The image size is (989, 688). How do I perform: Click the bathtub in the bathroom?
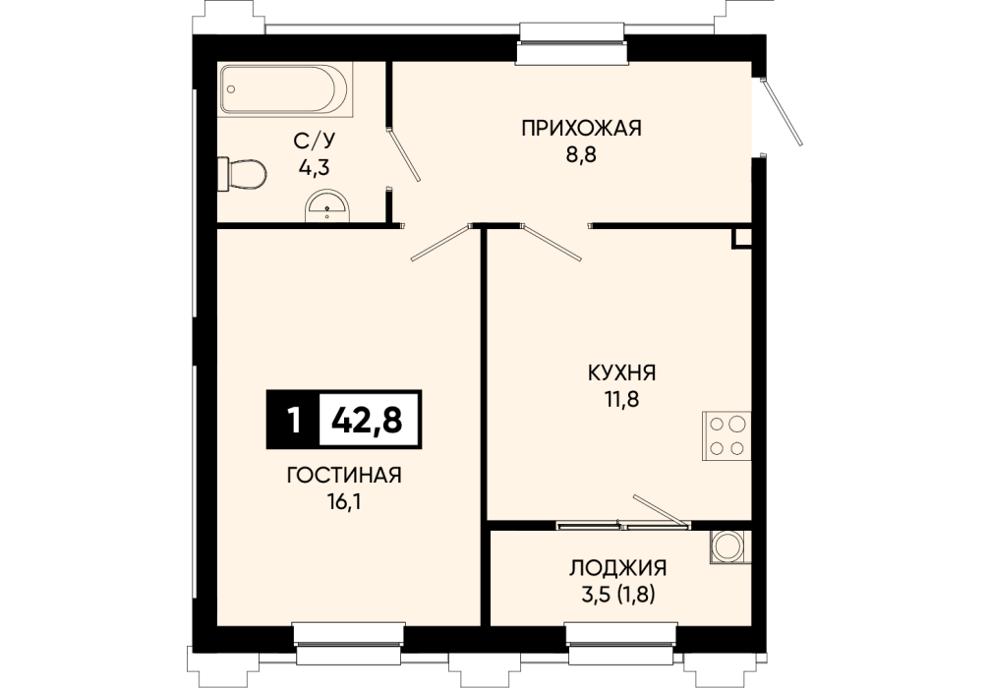pyautogui.click(x=285, y=89)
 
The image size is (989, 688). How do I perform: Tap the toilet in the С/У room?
pyautogui.click(x=242, y=173)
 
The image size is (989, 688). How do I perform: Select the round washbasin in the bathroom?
pyautogui.click(x=326, y=206)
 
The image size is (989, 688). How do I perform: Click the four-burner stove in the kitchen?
pyautogui.click(x=727, y=436)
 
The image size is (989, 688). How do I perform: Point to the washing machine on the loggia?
pyautogui.click(x=729, y=546)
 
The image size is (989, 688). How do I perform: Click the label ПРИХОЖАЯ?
pyautogui.click(x=581, y=128)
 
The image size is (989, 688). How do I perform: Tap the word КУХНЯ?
pyautogui.click(x=622, y=373)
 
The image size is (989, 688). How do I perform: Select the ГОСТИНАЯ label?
pyautogui.click(x=344, y=475)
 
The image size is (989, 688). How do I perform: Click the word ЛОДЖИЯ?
pyautogui.click(x=617, y=568)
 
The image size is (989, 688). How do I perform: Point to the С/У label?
pyautogui.click(x=313, y=141)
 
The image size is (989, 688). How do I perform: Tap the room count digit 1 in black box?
pyautogui.click(x=293, y=420)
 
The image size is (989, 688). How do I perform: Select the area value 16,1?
pyautogui.click(x=344, y=502)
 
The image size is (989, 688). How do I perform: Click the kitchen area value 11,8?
pyautogui.click(x=622, y=399)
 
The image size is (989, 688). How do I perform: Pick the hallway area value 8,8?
pyautogui.click(x=581, y=154)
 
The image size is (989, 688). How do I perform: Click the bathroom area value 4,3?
pyautogui.click(x=314, y=168)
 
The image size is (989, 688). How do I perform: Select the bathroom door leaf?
pyautogui.click(x=404, y=154)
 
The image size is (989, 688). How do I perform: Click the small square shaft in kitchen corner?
pyautogui.click(x=741, y=238)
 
